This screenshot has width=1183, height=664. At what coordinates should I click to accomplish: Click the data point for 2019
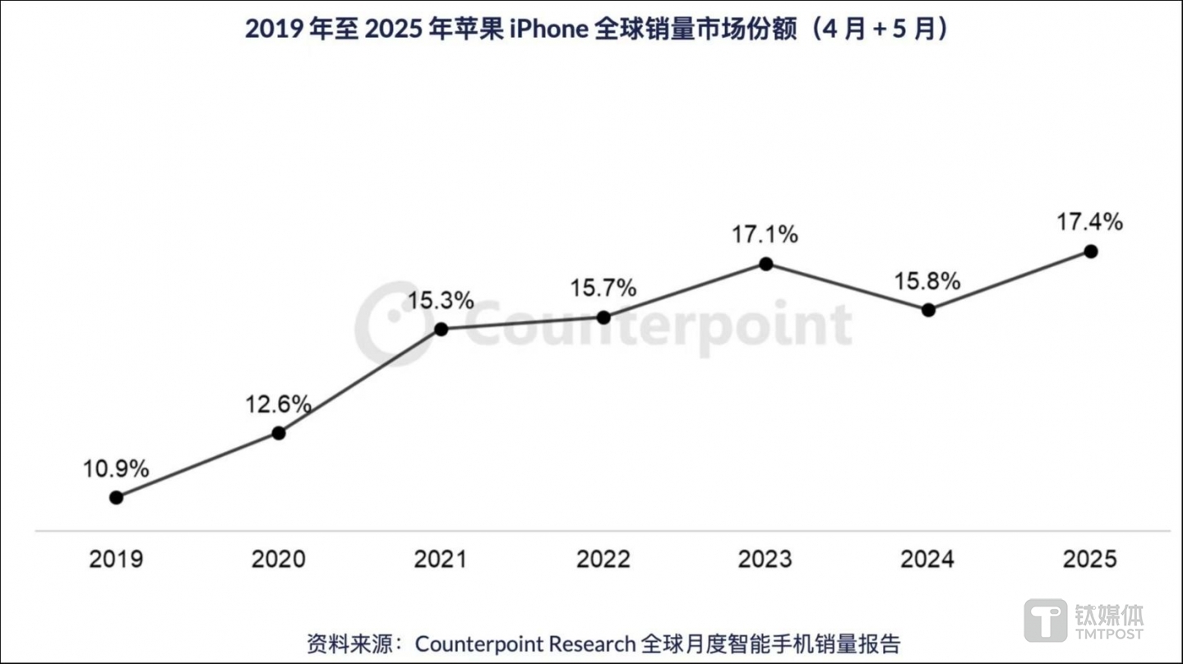(117, 497)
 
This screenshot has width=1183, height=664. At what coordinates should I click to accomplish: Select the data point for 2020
(279, 432)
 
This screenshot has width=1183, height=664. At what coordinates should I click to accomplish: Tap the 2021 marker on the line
(441, 329)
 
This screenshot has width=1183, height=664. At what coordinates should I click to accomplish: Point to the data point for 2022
(603, 317)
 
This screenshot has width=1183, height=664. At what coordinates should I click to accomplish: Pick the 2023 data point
(765, 264)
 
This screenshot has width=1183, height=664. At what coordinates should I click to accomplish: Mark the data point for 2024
(928, 310)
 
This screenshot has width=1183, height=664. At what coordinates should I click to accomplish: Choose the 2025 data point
(1090, 251)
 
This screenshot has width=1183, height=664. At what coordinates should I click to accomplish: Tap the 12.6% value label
(278, 404)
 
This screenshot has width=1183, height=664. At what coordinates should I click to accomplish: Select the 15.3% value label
(441, 301)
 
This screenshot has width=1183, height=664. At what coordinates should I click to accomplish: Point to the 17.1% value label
(765, 235)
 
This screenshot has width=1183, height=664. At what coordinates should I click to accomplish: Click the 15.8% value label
(927, 282)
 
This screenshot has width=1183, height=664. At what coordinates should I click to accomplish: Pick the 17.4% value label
(1090, 222)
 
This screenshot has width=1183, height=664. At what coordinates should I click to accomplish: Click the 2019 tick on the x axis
(116, 560)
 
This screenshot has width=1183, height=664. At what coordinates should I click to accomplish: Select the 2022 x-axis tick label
(603, 560)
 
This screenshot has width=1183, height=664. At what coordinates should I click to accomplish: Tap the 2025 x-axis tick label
(1090, 560)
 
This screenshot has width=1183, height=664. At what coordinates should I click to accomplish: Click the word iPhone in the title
(548, 29)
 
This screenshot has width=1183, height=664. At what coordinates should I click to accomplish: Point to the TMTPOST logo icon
(1045, 620)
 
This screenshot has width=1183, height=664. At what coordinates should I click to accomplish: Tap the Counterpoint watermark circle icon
(393, 324)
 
